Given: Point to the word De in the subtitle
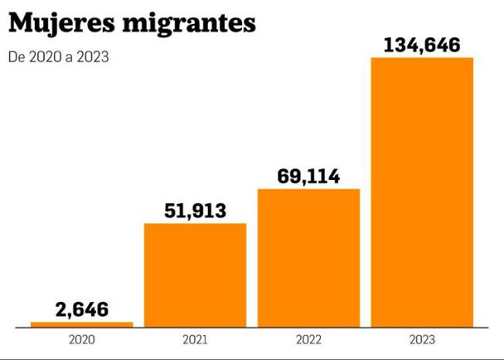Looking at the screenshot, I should click(15, 56).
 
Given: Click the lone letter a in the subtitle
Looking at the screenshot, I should click(66, 57).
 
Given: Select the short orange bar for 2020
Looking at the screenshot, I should click(81, 324).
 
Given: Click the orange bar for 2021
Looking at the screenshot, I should click(195, 274).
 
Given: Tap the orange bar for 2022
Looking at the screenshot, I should click(308, 257).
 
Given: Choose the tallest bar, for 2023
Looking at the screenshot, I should click(421, 192).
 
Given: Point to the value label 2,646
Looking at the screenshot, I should click(81, 310).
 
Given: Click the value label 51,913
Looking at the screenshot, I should click(195, 210).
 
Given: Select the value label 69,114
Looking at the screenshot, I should click(308, 176).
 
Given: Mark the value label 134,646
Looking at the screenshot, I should click(421, 45).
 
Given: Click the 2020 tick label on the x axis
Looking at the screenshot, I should click(81, 339).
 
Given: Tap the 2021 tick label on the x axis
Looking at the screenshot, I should click(195, 339).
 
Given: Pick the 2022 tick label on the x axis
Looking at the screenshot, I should click(308, 339).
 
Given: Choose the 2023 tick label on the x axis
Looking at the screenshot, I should click(422, 339).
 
